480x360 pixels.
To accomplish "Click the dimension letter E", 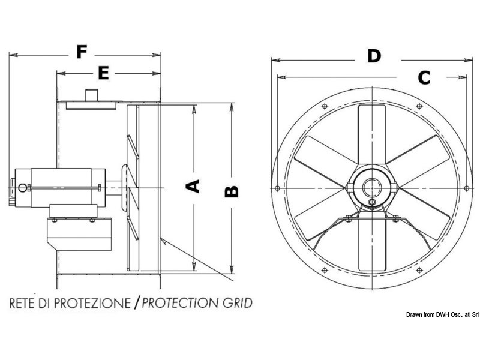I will point(103,73).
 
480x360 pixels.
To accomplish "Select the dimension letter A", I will point(193,187).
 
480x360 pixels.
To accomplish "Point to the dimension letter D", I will point(374,56).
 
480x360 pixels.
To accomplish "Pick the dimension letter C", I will point(424,77).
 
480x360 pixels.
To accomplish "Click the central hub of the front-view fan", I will point(371,188).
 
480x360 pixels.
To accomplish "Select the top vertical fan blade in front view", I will point(371,135).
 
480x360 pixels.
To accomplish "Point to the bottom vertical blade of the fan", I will point(371,246).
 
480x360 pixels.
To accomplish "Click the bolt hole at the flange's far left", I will point(277,189).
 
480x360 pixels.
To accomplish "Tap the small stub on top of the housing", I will point(92,95).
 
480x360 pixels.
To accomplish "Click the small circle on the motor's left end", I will point(23,188).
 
